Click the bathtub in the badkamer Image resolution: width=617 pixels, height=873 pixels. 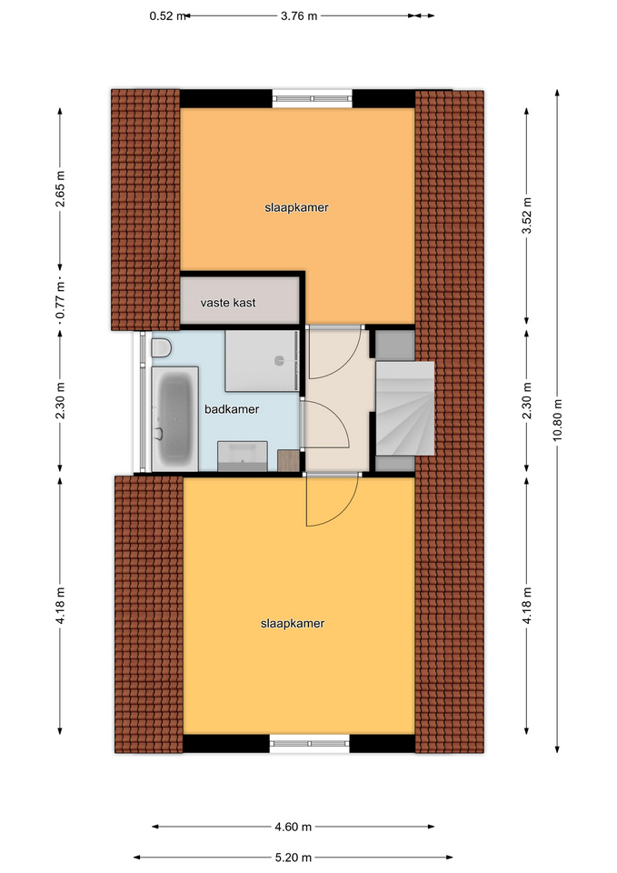(175, 418)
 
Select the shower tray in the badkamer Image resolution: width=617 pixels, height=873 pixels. (261, 361)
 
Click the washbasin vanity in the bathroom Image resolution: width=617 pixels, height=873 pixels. (242, 456)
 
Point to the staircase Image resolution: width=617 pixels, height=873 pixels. (405, 408)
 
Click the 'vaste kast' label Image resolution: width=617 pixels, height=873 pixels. (228, 303)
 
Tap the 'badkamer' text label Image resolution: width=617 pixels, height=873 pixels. (232, 409)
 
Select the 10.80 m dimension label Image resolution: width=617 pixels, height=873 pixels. (557, 420)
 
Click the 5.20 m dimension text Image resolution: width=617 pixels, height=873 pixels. (294, 858)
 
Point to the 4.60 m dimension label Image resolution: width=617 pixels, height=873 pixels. (294, 827)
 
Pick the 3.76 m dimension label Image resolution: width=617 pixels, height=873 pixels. (299, 16)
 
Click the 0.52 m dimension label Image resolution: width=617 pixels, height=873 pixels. (167, 16)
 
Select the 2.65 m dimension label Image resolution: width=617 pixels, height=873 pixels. (60, 189)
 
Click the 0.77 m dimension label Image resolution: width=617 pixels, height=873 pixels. (60, 301)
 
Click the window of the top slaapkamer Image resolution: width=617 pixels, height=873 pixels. (312, 98)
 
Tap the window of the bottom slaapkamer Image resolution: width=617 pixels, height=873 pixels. (309, 743)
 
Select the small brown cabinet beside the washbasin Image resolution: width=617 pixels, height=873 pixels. (288, 461)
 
